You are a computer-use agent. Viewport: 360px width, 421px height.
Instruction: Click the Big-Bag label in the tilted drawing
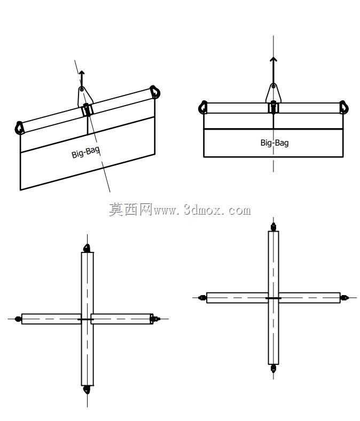pyautogui.click(x=86, y=153)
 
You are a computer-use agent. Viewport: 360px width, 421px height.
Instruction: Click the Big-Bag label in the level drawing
pyautogui.click(x=275, y=143)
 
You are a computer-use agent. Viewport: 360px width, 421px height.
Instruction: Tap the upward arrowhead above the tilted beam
pyautogui.click(x=82, y=73)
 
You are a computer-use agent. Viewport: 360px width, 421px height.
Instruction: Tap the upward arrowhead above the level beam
pyautogui.click(x=273, y=59)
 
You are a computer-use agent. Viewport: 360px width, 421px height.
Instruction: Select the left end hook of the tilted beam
pyautogui.click(x=19, y=128)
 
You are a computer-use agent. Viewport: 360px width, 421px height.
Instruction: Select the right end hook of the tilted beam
pyautogui.click(x=155, y=92)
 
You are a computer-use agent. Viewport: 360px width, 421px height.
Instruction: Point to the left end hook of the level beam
pyautogui.click(x=203, y=107)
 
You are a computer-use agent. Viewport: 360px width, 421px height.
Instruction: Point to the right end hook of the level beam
pyautogui.click(x=343, y=107)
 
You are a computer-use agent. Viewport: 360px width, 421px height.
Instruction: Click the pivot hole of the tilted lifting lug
pyautogui.click(x=82, y=89)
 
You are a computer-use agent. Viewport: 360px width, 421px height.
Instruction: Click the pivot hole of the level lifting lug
pyautogui.click(x=273, y=86)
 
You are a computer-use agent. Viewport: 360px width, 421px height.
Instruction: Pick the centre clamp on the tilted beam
pyautogui.click(x=87, y=110)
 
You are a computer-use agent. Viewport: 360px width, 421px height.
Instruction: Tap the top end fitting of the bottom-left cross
pyautogui.click(x=87, y=248)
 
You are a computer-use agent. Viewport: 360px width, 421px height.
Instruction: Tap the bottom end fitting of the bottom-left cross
pyautogui.click(x=87, y=390)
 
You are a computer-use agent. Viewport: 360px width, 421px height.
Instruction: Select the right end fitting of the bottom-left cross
pyautogui.click(x=155, y=319)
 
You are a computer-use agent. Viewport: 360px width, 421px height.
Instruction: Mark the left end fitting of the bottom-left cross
pyautogui.click(x=18, y=319)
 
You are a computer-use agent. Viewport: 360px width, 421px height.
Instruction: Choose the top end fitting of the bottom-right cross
pyautogui.click(x=273, y=227)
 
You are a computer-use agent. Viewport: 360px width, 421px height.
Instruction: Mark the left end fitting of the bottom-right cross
pyautogui.click(x=202, y=298)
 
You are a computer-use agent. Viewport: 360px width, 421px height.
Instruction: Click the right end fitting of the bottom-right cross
pyautogui.click(x=345, y=298)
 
